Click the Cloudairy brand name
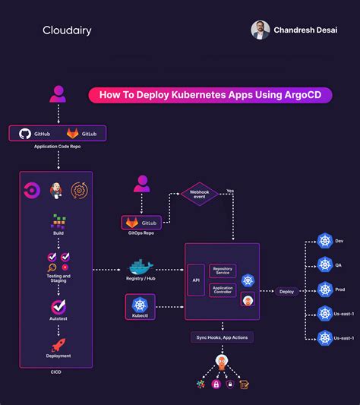pos(68,31)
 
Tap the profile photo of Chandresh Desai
pos(261,30)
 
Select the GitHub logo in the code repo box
pos(25,133)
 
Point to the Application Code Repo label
pos(57,147)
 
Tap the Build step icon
pos(58,222)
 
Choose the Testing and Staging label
pos(58,278)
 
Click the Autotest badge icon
pos(58,307)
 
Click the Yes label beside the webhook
pos(230,191)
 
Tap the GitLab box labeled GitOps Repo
pos(141,222)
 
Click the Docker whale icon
pos(141,269)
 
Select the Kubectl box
pos(140,307)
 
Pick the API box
pos(196,280)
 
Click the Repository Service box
pos(223,271)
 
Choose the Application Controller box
pos(223,290)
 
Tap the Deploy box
pos(286,291)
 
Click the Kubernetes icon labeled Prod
pos(325,290)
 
